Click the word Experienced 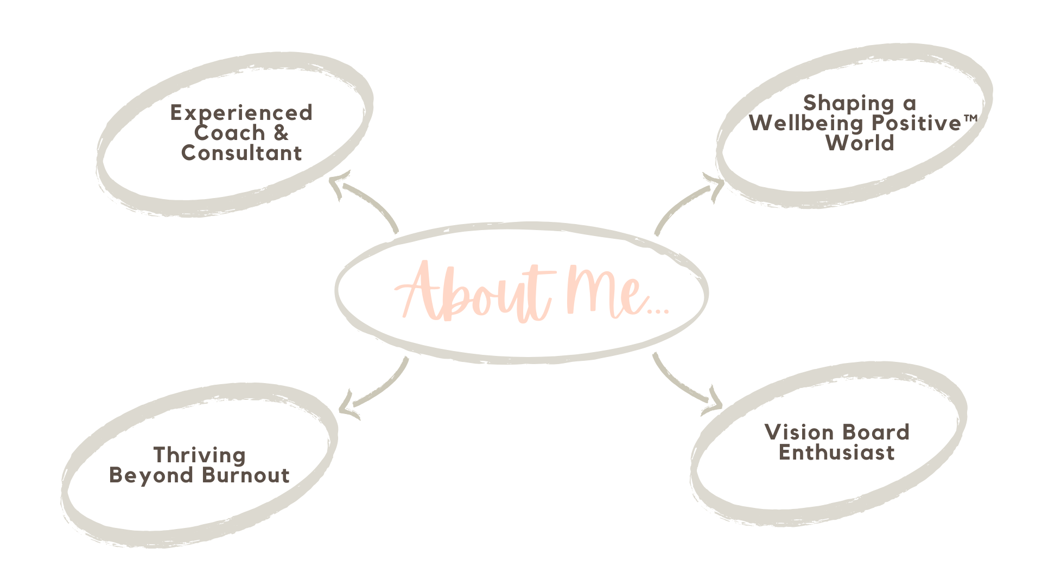click(241, 113)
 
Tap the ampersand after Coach click(281, 133)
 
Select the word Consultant click(241, 153)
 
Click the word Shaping click(848, 103)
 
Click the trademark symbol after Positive click(970, 118)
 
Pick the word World click(860, 143)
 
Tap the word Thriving click(199, 455)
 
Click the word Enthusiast click(836, 453)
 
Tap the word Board click(876, 432)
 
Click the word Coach click(230, 133)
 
